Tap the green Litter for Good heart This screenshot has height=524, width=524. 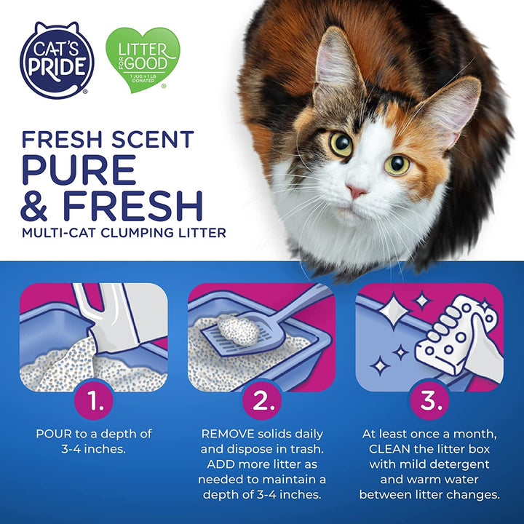143,59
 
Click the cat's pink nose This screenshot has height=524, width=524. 357,191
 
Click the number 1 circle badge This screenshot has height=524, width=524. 94,399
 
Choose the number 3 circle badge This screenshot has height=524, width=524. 429,399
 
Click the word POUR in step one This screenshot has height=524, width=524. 53,433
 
